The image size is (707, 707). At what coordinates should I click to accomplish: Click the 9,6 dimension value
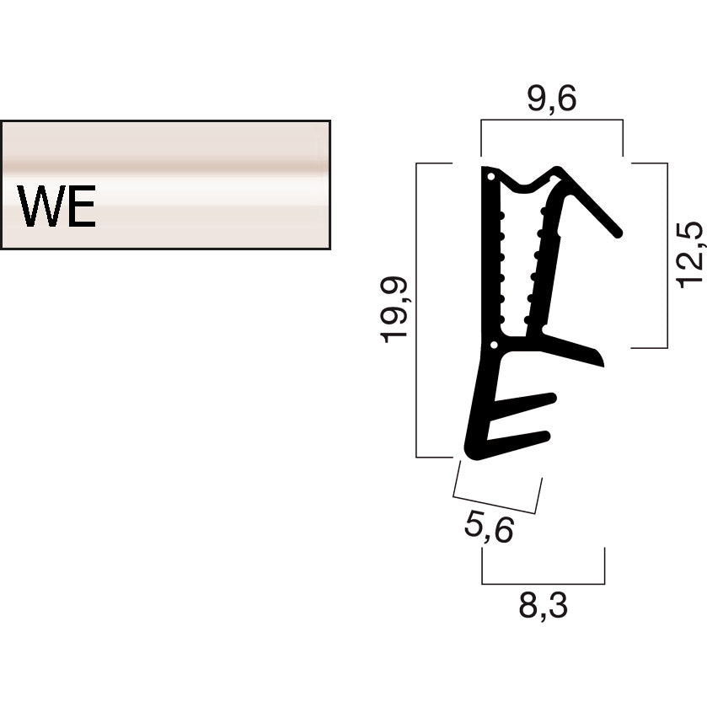click(551, 99)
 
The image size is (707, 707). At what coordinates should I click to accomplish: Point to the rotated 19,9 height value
click(394, 309)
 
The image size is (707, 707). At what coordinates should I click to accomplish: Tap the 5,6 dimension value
click(488, 528)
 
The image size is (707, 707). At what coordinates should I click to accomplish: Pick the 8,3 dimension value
click(543, 605)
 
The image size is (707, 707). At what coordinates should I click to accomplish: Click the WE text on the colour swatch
click(57, 206)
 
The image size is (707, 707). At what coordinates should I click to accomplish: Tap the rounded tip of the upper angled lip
click(616, 230)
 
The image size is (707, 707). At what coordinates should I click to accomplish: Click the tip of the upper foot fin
click(551, 397)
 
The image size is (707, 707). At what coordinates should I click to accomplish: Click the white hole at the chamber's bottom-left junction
click(495, 344)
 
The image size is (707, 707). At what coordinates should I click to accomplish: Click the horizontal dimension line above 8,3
click(543, 583)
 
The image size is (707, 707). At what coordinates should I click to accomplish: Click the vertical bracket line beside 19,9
click(417, 309)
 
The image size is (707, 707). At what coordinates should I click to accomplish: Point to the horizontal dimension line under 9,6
click(551, 120)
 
